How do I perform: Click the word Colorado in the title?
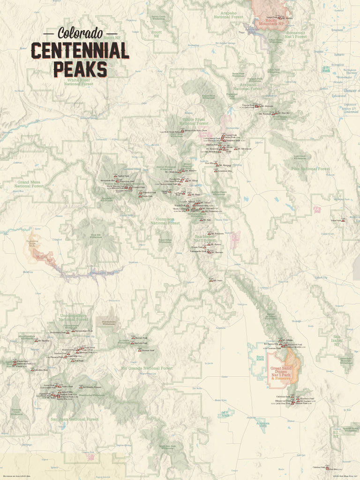[x=80, y=33]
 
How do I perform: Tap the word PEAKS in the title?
[x=80, y=69]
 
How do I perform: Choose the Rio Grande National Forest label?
[x=147, y=368]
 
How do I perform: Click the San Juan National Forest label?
[x=75, y=419]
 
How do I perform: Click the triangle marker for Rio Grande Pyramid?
[x=80, y=387]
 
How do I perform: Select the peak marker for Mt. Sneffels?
[x=36, y=341]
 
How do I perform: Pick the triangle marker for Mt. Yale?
[x=202, y=219]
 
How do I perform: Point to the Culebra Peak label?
[x=319, y=467]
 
